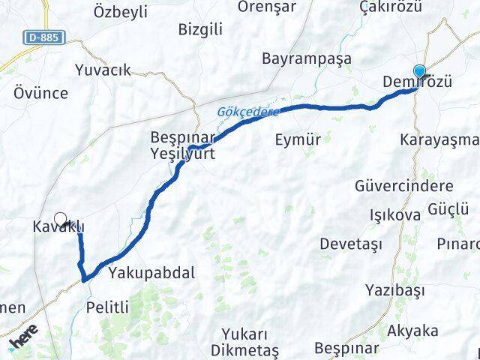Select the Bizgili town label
(201, 30)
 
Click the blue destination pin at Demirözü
(419, 73)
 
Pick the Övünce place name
(40, 94)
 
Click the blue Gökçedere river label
(247, 111)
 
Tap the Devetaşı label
(351, 244)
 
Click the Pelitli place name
(108, 307)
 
